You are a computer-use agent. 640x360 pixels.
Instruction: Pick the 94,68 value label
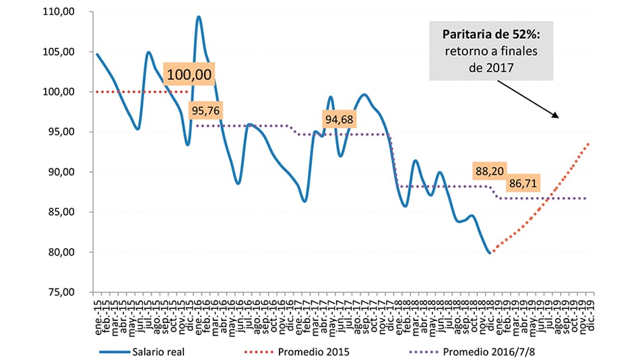pyautogui.click(x=340, y=120)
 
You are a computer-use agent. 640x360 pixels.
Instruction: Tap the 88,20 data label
pyautogui.click(x=490, y=171)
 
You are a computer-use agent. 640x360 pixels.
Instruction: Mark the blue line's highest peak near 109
pyautogui.click(x=199, y=17)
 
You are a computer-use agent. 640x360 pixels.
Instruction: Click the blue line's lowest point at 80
pyautogui.click(x=489, y=252)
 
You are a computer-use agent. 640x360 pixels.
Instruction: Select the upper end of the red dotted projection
pyautogui.click(x=589, y=143)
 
